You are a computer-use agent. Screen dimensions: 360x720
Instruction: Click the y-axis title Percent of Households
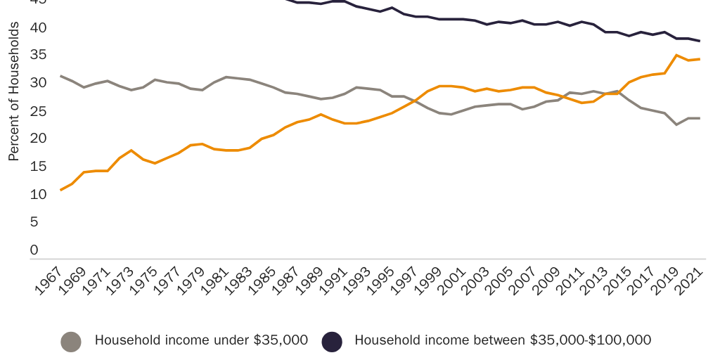(13, 91)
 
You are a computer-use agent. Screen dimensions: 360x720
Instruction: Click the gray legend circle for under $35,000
(71, 341)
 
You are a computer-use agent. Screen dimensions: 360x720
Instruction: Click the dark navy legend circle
(332, 341)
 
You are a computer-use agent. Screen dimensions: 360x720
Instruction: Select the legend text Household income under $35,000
(201, 340)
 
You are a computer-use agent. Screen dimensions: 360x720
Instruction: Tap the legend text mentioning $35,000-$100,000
(503, 340)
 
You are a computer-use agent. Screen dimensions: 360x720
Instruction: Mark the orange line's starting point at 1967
(61, 190)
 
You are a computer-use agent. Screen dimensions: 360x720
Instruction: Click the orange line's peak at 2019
(676, 55)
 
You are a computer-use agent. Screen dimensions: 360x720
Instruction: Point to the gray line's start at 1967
(61, 76)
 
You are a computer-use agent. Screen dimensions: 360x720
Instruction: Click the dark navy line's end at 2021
(700, 41)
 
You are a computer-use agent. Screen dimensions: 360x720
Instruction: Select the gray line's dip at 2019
(676, 124)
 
